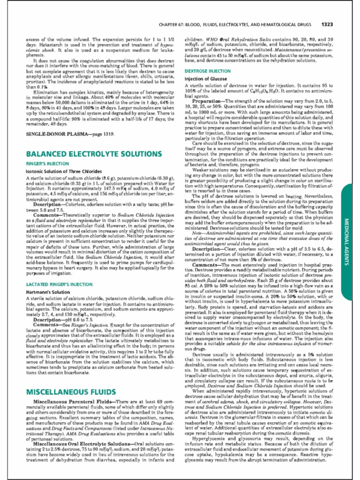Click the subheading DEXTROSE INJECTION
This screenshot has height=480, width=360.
(208, 71)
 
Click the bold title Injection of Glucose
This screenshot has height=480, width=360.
(205, 79)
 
